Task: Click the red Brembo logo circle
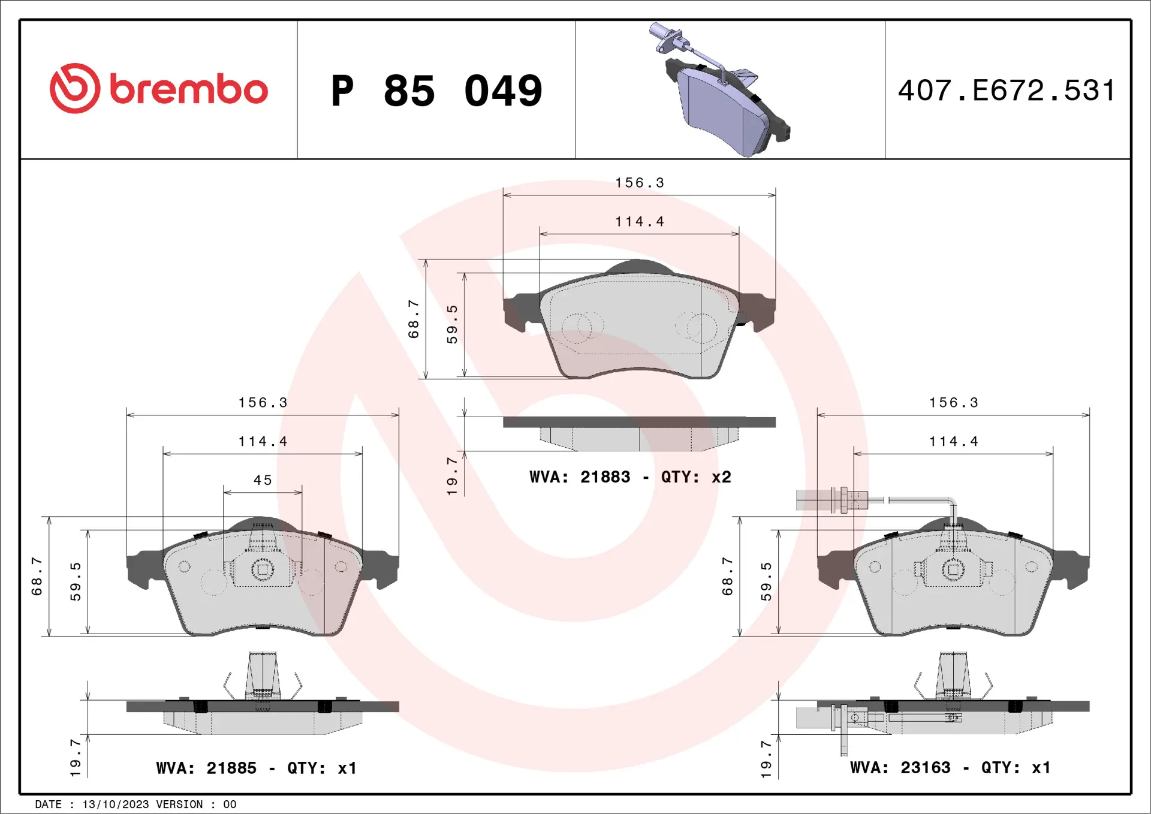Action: point(75,89)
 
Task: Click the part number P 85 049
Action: point(436,91)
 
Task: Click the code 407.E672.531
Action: point(1007,91)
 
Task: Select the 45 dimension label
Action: point(263,480)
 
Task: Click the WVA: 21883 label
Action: point(580,477)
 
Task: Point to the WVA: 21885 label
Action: point(206,768)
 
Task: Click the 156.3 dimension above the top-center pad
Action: point(640,183)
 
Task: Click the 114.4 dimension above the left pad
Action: point(263,442)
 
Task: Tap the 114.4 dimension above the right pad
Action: point(953,442)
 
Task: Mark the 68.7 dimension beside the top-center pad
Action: point(414,319)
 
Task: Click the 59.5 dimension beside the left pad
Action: point(76,581)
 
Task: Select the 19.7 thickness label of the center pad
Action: point(452,476)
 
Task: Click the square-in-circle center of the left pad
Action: point(262,569)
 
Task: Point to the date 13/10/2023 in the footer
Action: point(116,804)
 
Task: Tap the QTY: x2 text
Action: point(696,477)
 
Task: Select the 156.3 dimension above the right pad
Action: point(953,403)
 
